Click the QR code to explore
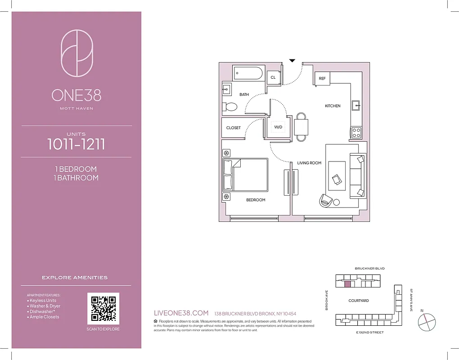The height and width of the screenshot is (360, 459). coord(103,309)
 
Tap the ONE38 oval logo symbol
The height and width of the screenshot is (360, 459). coord(76,53)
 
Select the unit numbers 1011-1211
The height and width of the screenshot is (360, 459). coord(76,144)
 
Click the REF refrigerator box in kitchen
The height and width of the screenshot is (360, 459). coord(322,78)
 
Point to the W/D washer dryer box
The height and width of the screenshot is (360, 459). coord(278,127)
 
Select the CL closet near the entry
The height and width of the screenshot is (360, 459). coord(273,77)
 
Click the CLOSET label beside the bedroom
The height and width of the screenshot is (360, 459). coord(233,128)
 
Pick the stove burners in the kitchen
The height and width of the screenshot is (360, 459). coord(356,132)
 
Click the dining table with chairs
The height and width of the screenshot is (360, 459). coord(301,127)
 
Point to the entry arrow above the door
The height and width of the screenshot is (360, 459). coord(292,60)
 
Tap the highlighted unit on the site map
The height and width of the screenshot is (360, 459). coord(347,284)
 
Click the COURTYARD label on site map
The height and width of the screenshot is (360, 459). coord(359,301)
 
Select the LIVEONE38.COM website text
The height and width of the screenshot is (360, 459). coord(181,313)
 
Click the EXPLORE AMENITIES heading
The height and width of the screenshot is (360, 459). coord(75,278)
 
